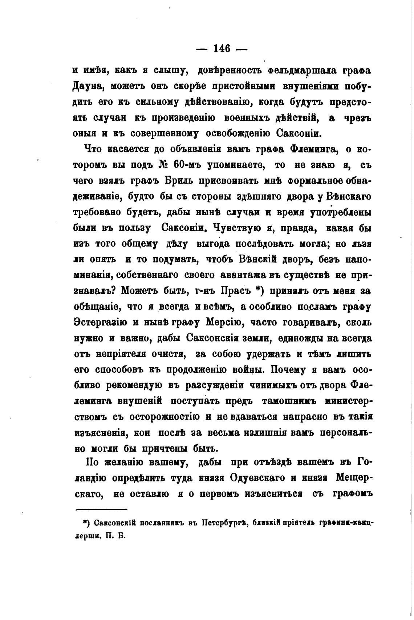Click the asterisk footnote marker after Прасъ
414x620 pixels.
pos(258,291)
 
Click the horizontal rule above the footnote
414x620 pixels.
pos(101,509)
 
